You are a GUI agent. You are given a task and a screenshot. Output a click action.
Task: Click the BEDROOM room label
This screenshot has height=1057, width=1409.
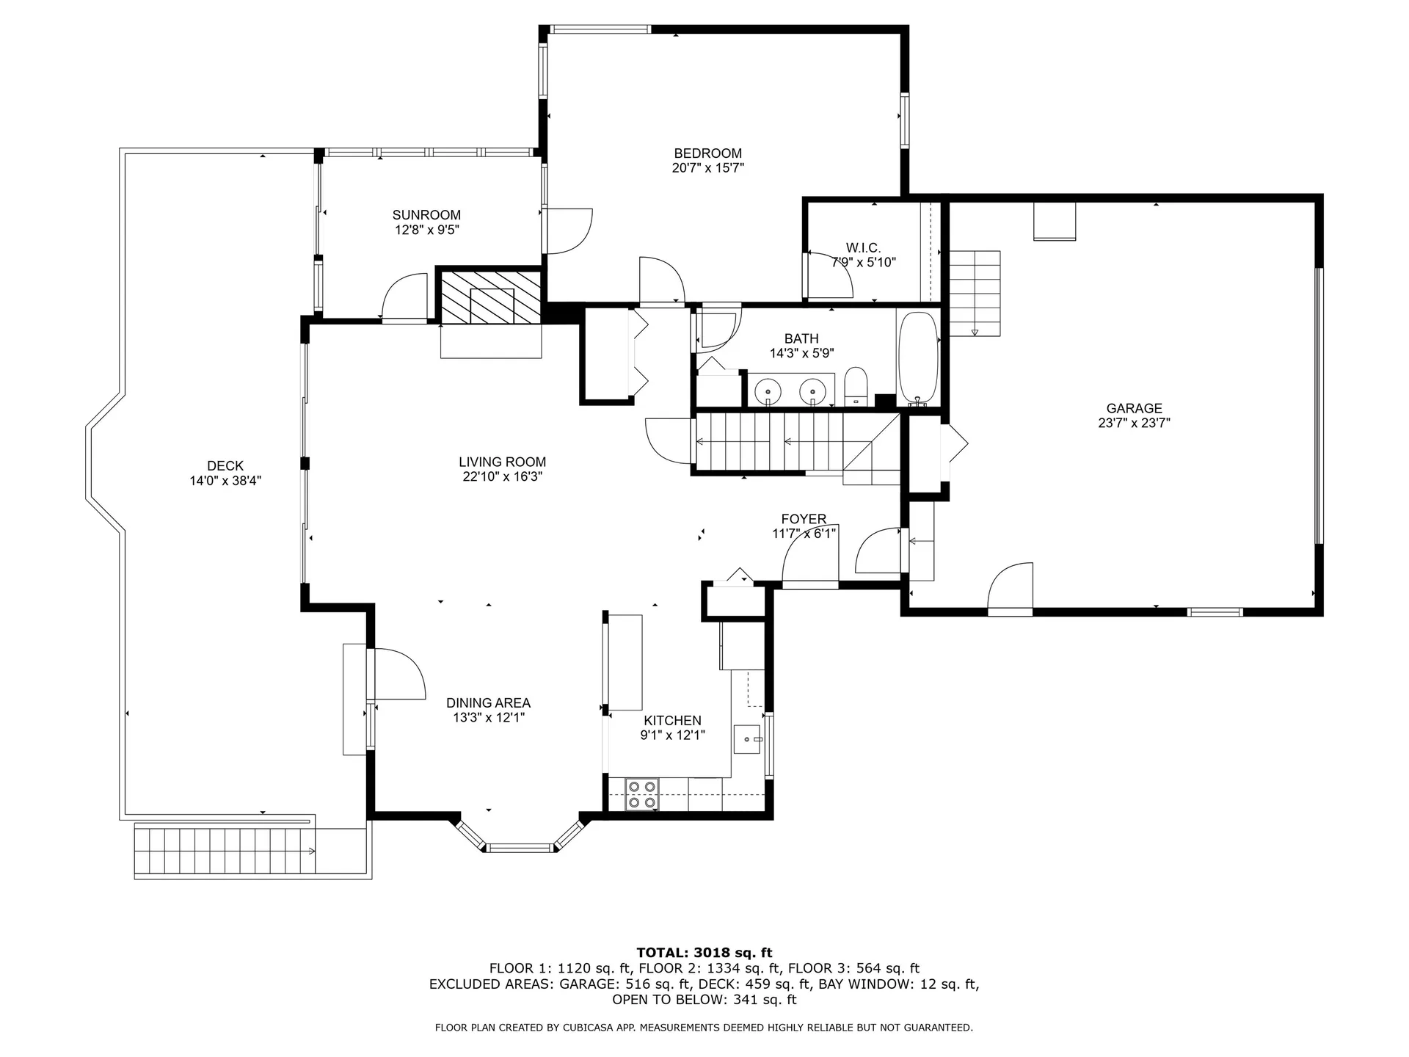pos(707,153)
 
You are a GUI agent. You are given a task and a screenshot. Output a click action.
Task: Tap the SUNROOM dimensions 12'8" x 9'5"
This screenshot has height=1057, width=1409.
pos(426,230)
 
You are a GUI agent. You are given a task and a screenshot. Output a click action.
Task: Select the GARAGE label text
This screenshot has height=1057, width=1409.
pos(1134,408)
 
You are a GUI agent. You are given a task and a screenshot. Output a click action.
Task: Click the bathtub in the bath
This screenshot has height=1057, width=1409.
pos(918,358)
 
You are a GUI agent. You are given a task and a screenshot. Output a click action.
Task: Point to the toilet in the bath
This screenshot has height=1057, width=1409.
pos(856,387)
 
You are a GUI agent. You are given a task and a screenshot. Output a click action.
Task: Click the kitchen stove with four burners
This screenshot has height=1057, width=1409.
pos(642,795)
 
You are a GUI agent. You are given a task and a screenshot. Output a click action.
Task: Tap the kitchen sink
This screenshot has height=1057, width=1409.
pos(749,738)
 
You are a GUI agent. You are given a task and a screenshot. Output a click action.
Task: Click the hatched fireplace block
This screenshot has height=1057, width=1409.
pos(490,297)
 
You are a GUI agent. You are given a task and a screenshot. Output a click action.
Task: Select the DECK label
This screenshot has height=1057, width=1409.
pos(225,465)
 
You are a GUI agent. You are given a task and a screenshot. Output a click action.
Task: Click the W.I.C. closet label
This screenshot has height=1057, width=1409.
pos(863,248)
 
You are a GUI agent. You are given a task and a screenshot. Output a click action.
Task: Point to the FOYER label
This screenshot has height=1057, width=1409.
pos(804,519)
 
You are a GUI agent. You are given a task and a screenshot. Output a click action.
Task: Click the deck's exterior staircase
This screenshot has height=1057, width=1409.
pos(225,851)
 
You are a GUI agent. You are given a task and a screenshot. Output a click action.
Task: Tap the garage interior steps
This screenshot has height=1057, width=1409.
pos(975,293)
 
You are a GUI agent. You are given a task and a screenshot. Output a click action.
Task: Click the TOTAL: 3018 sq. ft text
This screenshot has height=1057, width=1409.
pos(704,953)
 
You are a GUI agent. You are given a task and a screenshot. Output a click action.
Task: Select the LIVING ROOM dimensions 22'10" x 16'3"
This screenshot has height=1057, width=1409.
pos(503,476)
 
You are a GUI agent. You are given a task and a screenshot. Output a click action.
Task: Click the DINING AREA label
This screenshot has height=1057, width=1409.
pos(488,702)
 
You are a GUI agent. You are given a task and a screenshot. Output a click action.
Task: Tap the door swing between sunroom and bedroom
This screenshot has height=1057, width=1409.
pos(567,231)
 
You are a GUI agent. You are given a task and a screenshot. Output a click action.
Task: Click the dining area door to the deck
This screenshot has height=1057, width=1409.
pos(398,675)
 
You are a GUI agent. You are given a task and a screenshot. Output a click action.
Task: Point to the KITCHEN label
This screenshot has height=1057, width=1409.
pos(672,720)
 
